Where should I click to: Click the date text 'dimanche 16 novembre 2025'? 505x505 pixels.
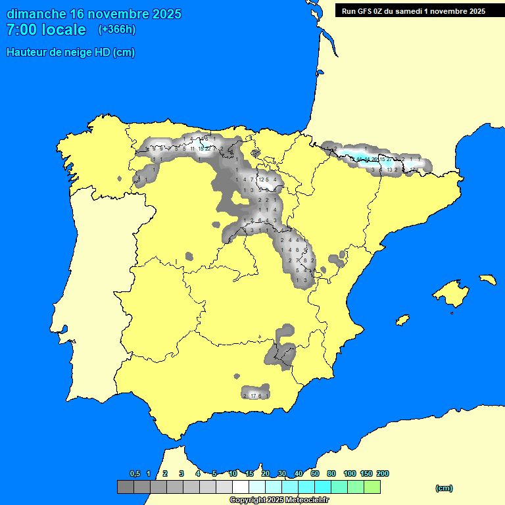click(94, 14)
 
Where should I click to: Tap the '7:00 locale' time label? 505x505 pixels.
click(46, 30)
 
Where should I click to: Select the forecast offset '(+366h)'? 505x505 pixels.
click(116, 30)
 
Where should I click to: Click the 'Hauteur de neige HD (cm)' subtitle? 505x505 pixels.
click(70, 53)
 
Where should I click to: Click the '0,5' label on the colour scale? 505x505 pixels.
click(135, 473)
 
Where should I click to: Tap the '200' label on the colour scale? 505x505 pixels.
click(382, 473)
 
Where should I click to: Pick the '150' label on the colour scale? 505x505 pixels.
click(366, 473)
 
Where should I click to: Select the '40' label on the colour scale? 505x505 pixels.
click(299, 473)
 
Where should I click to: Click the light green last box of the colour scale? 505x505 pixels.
click(372, 487)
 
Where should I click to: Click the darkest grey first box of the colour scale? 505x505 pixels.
click(125, 487)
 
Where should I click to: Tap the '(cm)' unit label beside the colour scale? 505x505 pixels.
click(444, 488)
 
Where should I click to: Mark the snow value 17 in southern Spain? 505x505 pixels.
click(253, 396)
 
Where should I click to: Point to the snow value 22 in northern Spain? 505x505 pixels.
click(208, 149)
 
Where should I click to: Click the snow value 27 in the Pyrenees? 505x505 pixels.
click(389, 159)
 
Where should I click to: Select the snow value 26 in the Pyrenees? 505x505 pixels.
click(374, 159)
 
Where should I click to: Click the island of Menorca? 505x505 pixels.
click(487, 279)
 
